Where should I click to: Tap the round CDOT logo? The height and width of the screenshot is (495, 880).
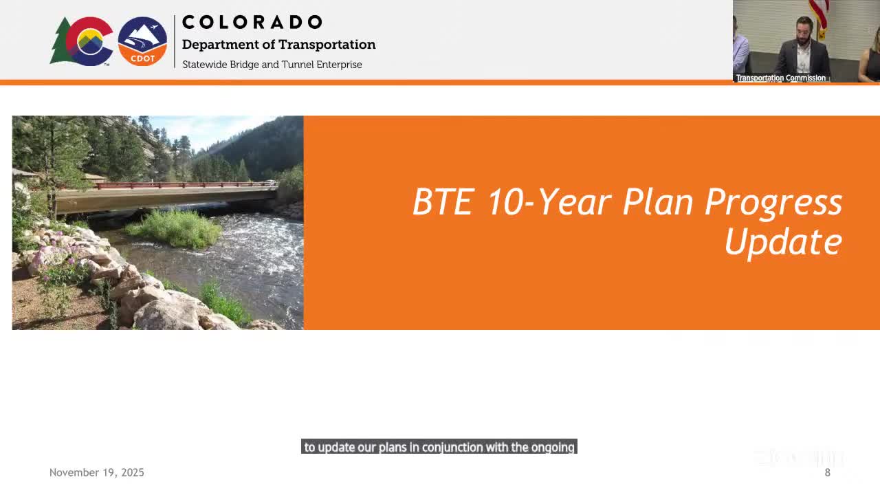click(142, 41)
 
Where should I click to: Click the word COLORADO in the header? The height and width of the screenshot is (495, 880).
click(252, 22)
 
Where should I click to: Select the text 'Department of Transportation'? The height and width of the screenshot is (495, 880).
click(278, 45)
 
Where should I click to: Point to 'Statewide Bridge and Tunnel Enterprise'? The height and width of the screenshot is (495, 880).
click(272, 65)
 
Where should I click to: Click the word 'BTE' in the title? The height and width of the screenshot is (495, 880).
click(443, 202)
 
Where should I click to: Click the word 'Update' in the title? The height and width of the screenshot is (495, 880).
click(783, 242)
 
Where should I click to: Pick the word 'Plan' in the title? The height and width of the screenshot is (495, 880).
click(659, 202)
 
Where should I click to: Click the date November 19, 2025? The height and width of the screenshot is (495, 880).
click(97, 472)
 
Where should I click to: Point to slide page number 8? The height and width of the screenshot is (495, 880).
click(828, 472)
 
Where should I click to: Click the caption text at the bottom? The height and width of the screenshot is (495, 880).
click(439, 448)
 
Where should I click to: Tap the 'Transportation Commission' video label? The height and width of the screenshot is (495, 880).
click(780, 78)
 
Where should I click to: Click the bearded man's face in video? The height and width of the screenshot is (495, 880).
click(804, 30)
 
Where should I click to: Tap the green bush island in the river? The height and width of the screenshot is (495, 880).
click(175, 228)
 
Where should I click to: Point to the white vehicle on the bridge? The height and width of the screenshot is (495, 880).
click(271, 183)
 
